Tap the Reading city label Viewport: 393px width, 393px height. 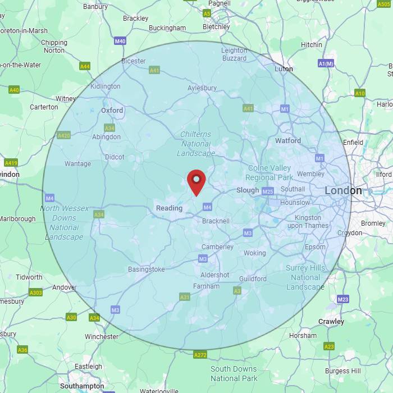point(169,208)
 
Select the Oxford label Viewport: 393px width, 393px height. point(112,111)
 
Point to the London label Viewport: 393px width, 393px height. point(343,191)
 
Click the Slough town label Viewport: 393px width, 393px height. point(248,190)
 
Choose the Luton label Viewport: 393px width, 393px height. point(284,69)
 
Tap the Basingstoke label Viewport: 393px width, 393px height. point(147,269)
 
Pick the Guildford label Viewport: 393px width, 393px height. point(253,279)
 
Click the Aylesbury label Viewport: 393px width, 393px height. point(202,88)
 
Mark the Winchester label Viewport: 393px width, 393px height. point(102,337)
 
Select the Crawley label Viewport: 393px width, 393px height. point(331,322)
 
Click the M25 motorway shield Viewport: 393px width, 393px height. point(268,191)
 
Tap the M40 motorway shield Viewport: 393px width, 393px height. point(120,41)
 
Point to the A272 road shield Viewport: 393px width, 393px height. point(200,355)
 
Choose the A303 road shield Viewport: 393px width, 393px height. point(35,293)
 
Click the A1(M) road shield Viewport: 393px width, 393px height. point(326,64)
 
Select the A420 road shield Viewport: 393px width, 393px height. point(64,135)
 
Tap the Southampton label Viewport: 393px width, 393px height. point(82,386)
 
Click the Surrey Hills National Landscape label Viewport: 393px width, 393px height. point(305,277)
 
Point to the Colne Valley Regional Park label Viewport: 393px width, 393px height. point(269,172)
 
